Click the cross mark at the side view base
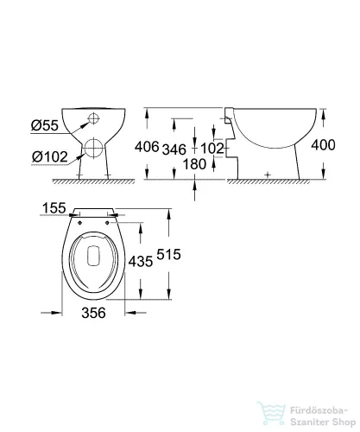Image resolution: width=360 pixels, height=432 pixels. point(268,175)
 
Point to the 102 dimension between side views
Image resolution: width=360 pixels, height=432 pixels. point(212,149)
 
